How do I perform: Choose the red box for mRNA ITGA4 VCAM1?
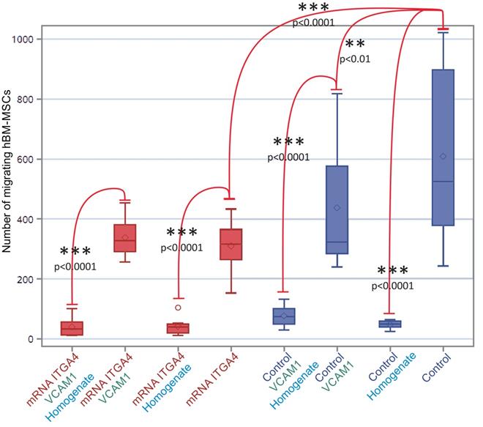tap(125, 238)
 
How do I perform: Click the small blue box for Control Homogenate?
tap(390, 324)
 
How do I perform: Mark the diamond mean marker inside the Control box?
tap(443, 156)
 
